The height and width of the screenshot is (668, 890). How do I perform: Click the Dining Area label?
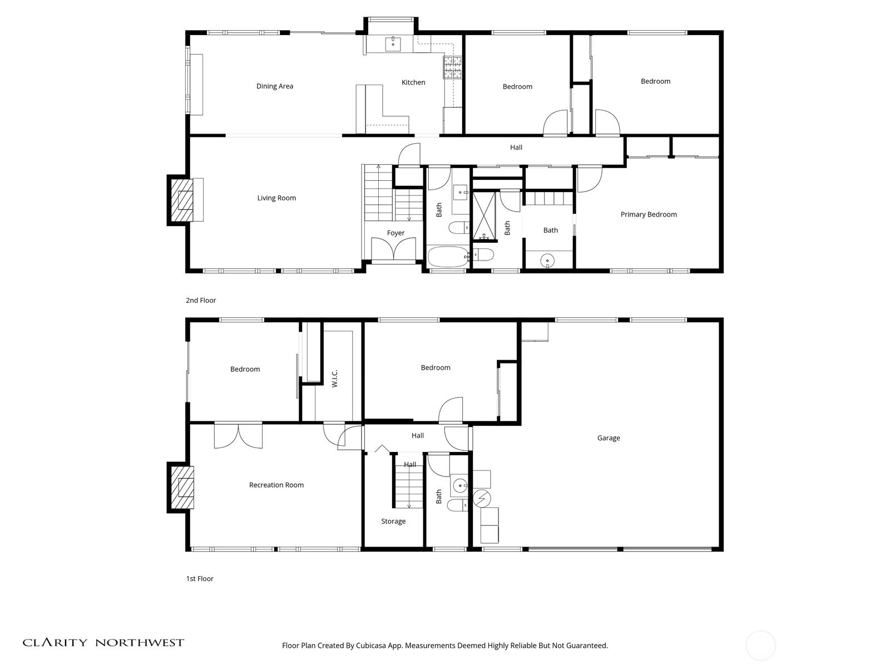pyautogui.click(x=274, y=86)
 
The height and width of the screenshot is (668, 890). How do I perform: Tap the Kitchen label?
pyautogui.click(x=413, y=82)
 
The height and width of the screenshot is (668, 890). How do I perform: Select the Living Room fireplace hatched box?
pyautogui.click(x=182, y=200)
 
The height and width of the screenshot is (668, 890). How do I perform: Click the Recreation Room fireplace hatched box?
pyautogui.click(x=182, y=488)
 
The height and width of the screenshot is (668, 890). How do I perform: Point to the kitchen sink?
pyautogui.click(x=393, y=44)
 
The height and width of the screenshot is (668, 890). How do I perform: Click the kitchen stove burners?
pyautogui.click(x=452, y=67)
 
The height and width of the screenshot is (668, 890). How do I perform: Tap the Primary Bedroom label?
pyautogui.click(x=649, y=214)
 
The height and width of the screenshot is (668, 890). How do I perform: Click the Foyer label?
pyautogui.click(x=395, y=233)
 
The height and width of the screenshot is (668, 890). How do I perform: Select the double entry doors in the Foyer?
pyautogui.click(x=393, y=249)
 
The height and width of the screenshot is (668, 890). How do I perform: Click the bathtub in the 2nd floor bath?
pyautogui.click(x=448, y=256)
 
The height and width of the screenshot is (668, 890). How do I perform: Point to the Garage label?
pyautogui.click(x=608, y=438)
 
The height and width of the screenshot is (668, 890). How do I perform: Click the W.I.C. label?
pyautogui.click(x=334, y=379)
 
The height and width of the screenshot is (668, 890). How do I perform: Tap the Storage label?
pyautogui.click(x=393, y=521)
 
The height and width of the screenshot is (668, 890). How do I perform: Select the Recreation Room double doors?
pyautogui.click(x=238, y=435)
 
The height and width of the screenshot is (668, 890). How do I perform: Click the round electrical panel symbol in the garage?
pyautogui.click(x=482, y=498)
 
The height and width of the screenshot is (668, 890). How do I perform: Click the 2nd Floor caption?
pyautogui.click(x=201, y=300)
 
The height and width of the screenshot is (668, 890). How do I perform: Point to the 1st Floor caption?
pyautogui.click(x=200, y=578)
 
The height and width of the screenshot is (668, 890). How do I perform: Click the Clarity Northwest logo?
pyautogui.click(x=103, y=642)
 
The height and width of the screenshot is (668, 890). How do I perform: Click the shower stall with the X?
pyautogui.click(x=484, y=215)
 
